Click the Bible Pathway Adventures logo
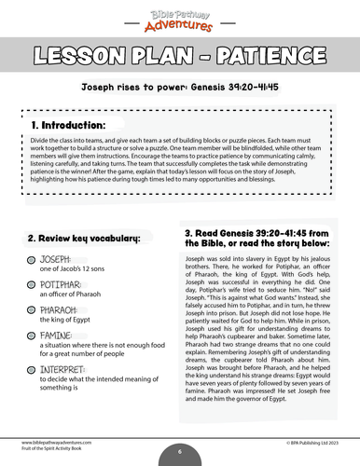[180, 16]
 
